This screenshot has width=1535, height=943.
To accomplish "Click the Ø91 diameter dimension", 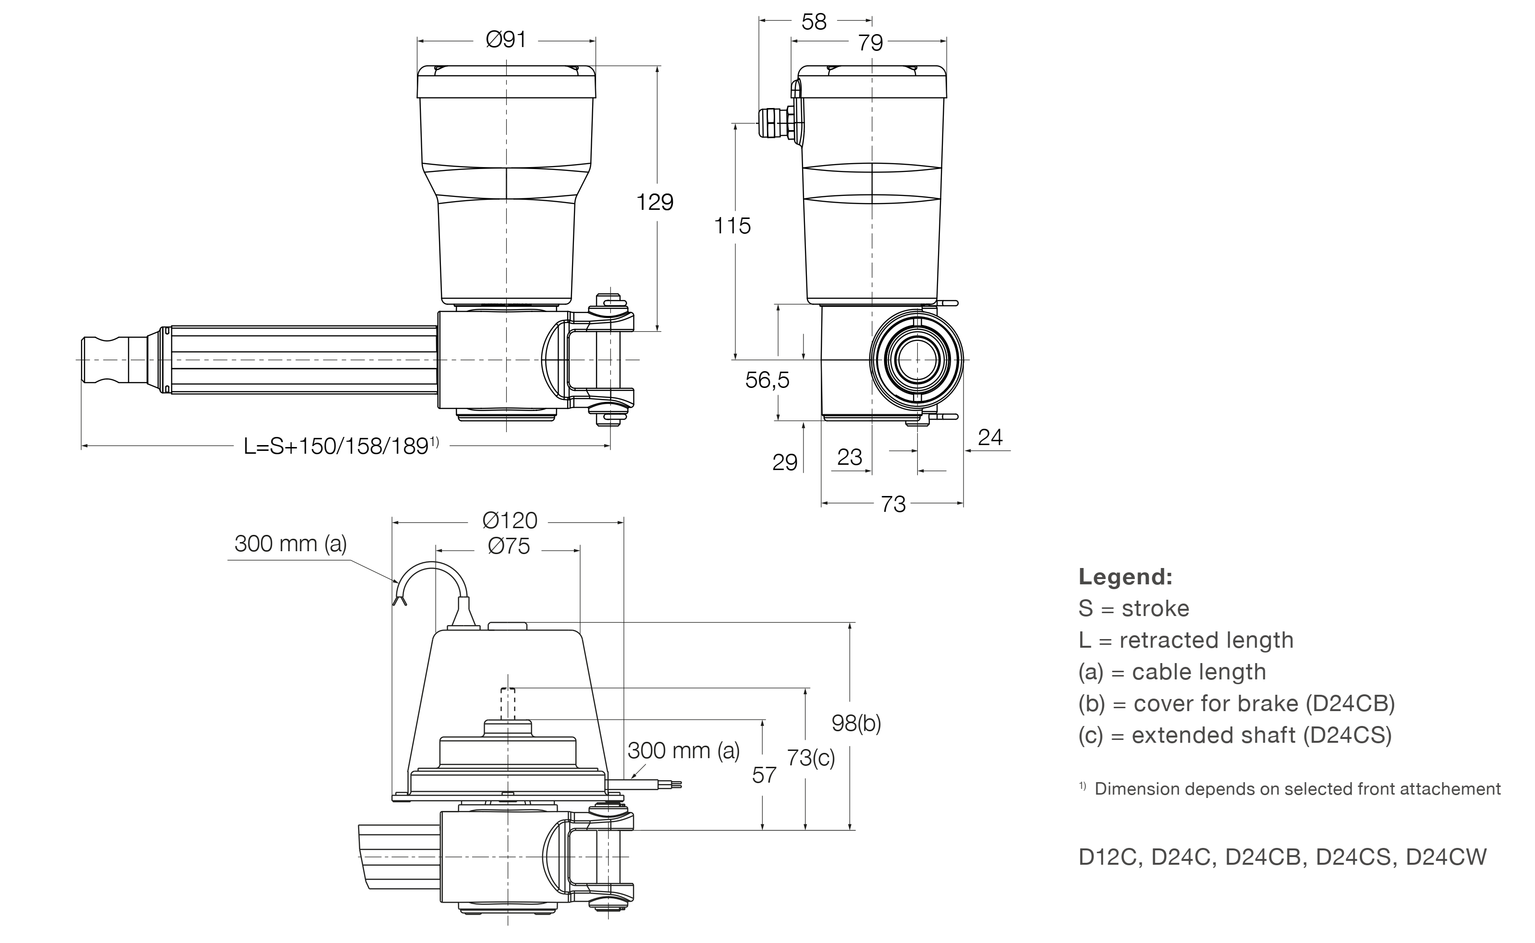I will point(506,40).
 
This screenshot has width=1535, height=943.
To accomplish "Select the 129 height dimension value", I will point(654,202).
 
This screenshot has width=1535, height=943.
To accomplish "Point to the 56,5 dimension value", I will point(767,379).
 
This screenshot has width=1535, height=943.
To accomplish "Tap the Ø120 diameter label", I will point(509,520).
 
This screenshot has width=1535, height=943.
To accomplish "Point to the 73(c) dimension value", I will point(810,757).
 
